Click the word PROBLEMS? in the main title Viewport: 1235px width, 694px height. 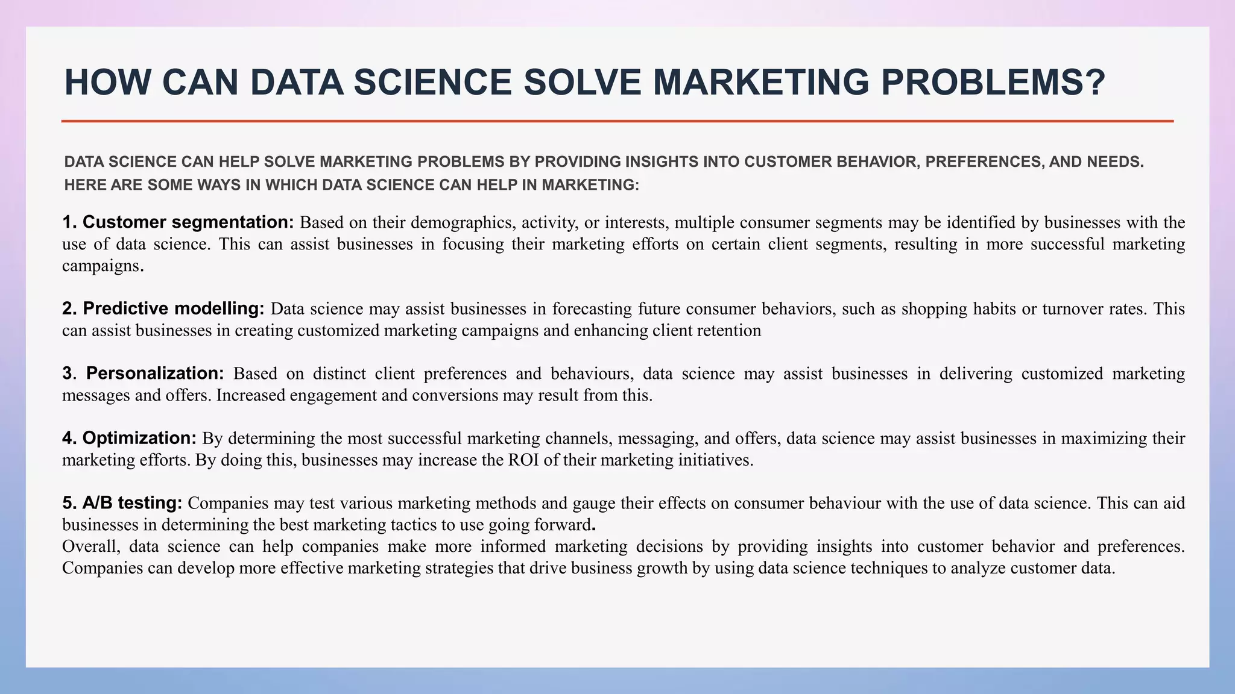(x=993, y=83)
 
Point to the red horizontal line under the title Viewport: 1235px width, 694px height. (x=617, y=121)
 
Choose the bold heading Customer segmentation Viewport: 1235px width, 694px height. (x=188, y=222)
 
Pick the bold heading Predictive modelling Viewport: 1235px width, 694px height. (x=174, y=308)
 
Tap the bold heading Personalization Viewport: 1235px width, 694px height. (x=155, y=374)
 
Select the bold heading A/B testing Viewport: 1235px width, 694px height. (x=132, y=502)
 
